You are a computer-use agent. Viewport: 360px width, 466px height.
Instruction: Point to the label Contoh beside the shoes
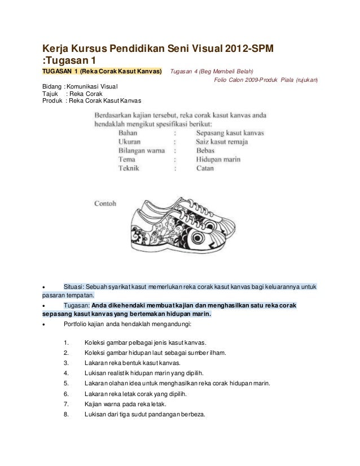(105, 204)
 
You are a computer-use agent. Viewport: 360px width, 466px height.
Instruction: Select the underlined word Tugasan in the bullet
(76, 305)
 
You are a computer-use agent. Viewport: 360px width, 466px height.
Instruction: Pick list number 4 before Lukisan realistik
(67, 373)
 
